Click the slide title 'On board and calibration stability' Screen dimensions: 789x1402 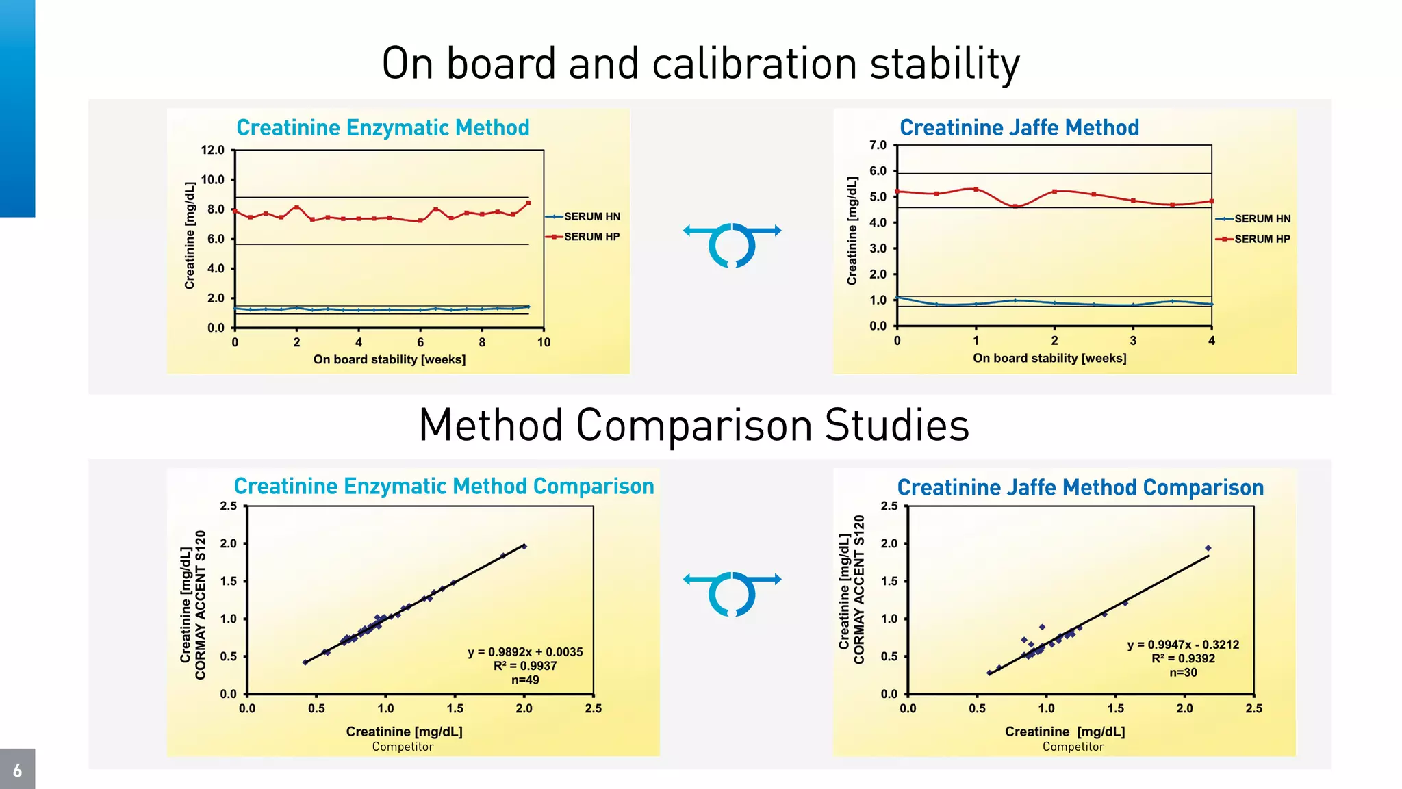(700, 64)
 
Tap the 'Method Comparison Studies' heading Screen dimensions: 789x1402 (693, 425)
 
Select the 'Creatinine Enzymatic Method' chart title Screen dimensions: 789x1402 (383, 128)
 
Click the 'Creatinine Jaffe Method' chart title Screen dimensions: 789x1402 (1019, 128)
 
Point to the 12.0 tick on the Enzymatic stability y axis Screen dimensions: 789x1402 (212, 150)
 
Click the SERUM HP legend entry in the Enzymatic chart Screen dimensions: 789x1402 (591, 237)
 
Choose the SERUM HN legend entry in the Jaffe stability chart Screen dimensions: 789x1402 (1262, 219)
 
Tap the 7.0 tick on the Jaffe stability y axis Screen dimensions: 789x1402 (878, 145)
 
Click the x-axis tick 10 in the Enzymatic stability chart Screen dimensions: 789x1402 (544, 342)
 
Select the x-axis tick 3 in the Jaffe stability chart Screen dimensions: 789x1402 (1133, 341)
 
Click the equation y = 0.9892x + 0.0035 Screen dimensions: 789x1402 (525, 652)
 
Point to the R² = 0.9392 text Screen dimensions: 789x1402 (1183, 658)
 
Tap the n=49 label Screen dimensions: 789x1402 (525, 680)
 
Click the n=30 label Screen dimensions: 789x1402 (1183, 673)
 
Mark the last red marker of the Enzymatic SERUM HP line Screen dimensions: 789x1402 (528, 203)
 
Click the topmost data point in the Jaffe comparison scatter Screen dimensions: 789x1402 (1208, 548)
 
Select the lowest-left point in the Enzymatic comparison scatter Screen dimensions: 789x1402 (305, 662)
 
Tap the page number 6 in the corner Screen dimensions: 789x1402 (17, 771)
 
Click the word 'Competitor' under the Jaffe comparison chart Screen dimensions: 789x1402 (1073, 747)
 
